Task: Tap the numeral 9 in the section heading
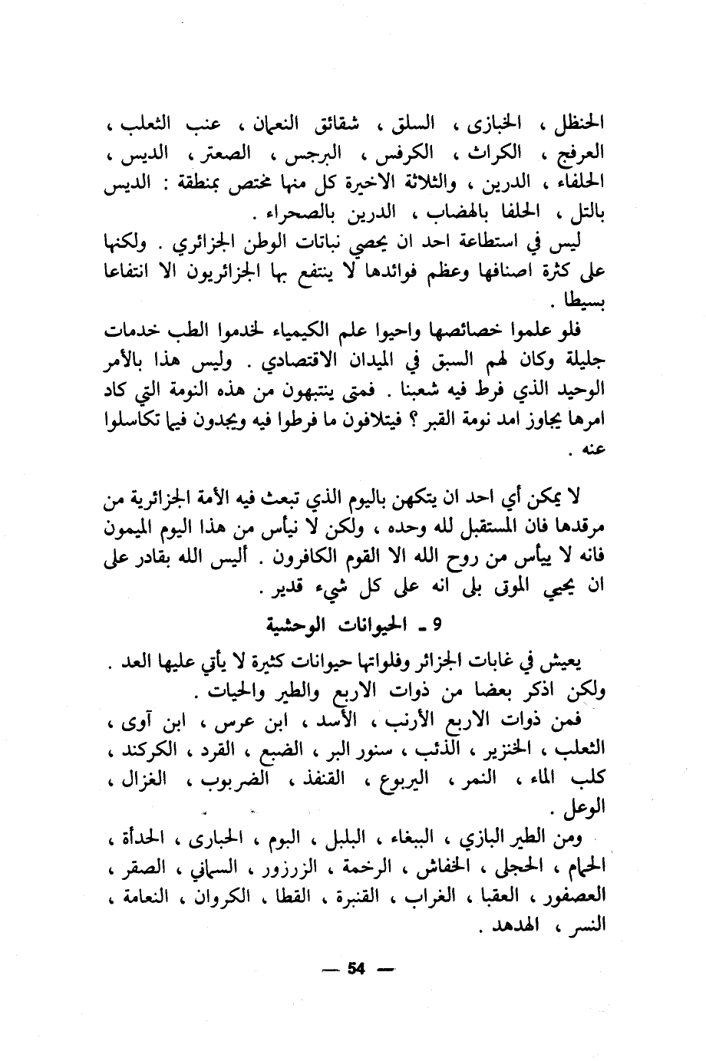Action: (437, 623)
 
